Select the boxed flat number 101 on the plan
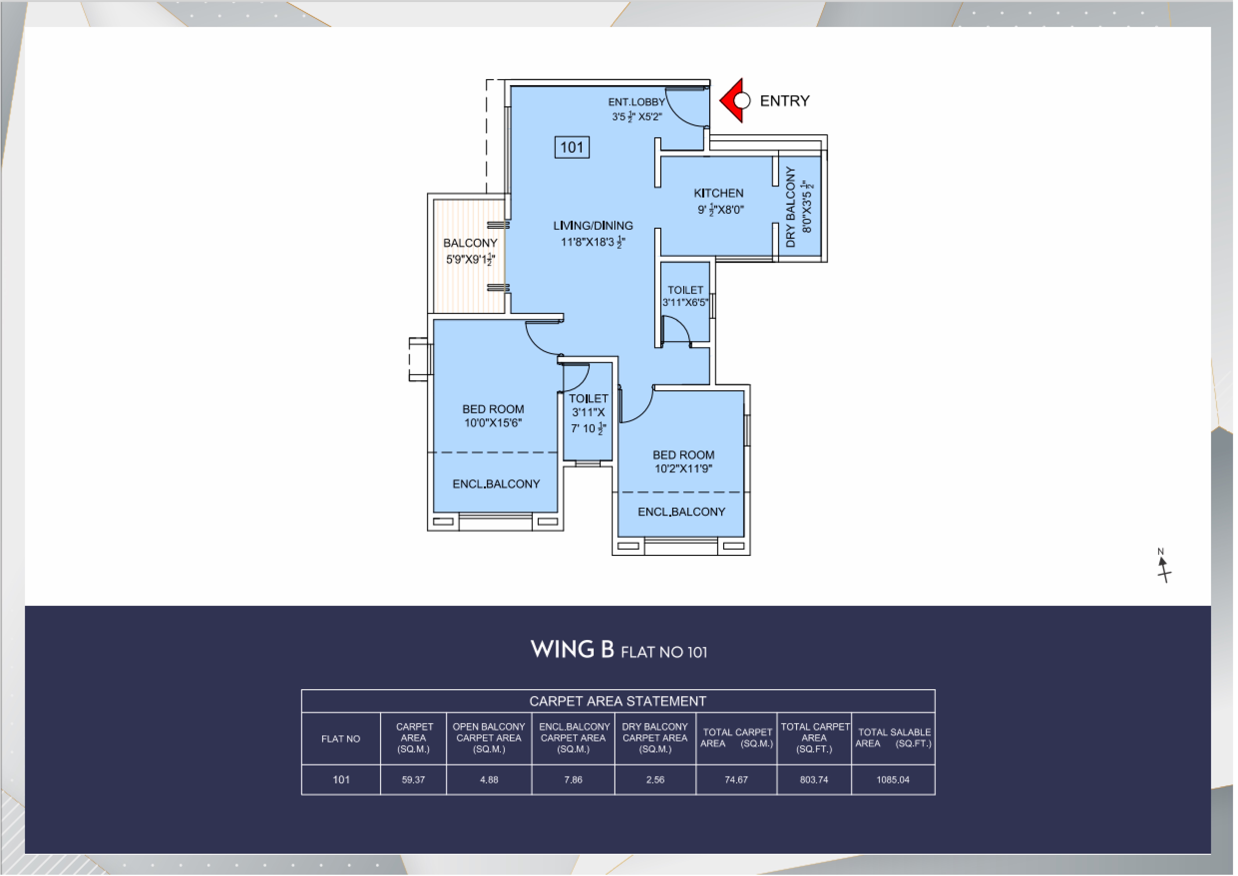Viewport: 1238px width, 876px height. (x=572, y=147)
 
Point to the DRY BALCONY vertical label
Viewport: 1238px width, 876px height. (x=791, y=207)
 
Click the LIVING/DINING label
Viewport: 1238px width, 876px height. (x=593, y=225)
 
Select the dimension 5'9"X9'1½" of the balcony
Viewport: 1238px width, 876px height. (x=470, y=259)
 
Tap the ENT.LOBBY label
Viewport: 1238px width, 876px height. (x=636, y=102)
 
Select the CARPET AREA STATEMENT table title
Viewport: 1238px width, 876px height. (x=618, y=701)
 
